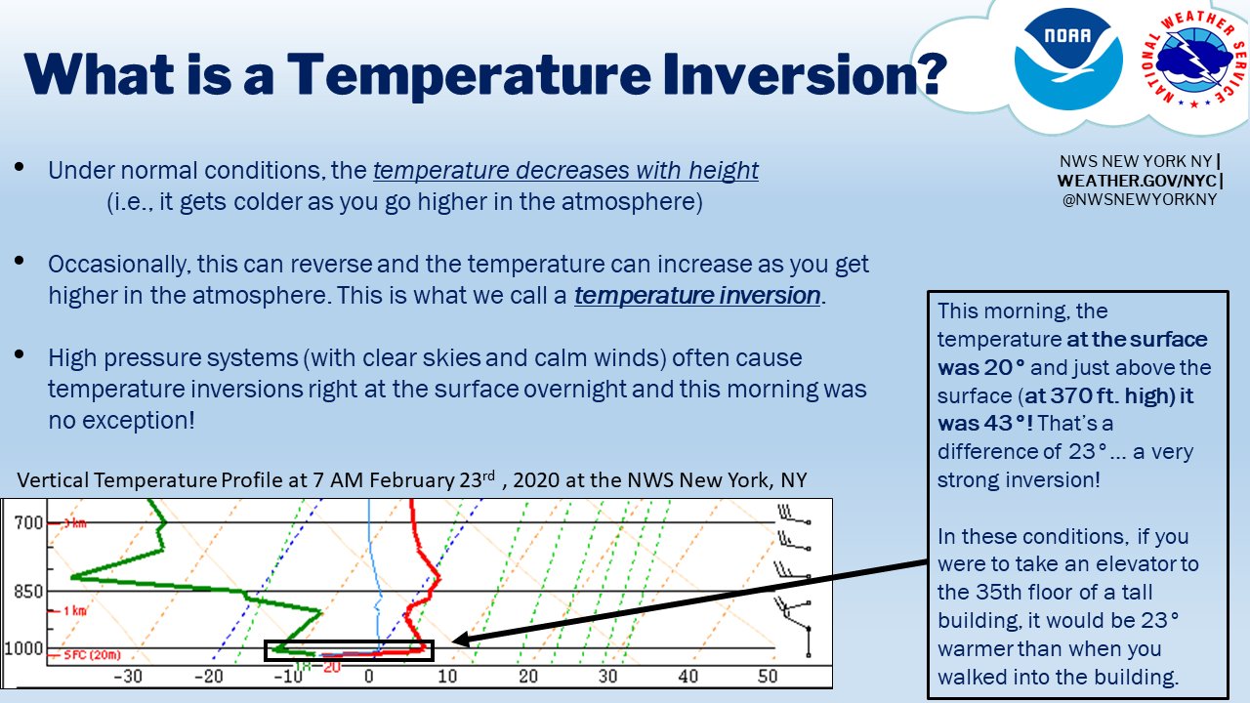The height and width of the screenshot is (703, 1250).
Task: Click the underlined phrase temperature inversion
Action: click(697, 295)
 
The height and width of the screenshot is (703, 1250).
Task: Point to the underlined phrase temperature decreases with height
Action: click(565, 170)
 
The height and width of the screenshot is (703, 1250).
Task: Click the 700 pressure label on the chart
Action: click(28, 523)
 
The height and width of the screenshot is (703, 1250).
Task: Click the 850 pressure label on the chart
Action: click(28, 592)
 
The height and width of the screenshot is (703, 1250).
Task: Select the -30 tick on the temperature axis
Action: click(128, 676)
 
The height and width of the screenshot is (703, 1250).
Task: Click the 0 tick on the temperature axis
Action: click(368, 676)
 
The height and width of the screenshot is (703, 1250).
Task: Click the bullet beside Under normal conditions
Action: click(21, 168)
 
